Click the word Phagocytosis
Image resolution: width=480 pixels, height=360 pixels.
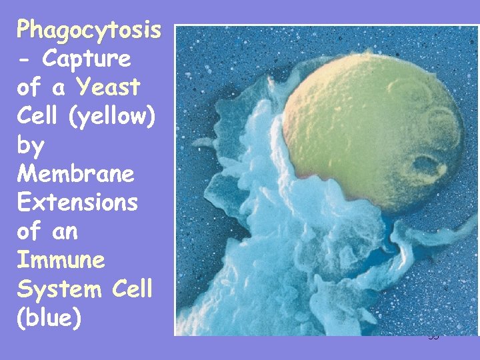pyautogui.click(x=89, y=29)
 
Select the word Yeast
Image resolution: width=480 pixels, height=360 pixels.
pyautogui.click(x=108, y=87)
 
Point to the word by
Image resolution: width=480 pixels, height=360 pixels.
pyautogui.click(x=31, y=145)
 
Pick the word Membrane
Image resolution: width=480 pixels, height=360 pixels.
pyautogui.click(x=76, y=174)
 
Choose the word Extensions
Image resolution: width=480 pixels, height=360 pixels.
pyautogui.click(x=77, y=203)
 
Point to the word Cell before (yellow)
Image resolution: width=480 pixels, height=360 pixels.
pyautogui.click(x=38, y=116)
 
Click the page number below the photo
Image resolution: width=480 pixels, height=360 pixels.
pyautogui.click(x=434, y=337)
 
